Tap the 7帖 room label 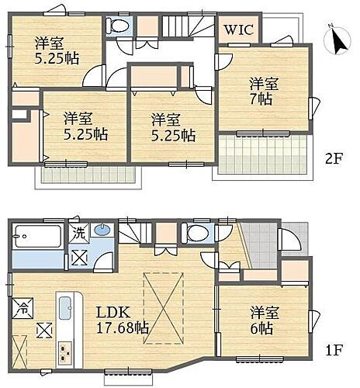tap(261, 92)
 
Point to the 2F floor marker tap(334, 158)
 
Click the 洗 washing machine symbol tap(81, 232)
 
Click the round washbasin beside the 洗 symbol tap(102, 230)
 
